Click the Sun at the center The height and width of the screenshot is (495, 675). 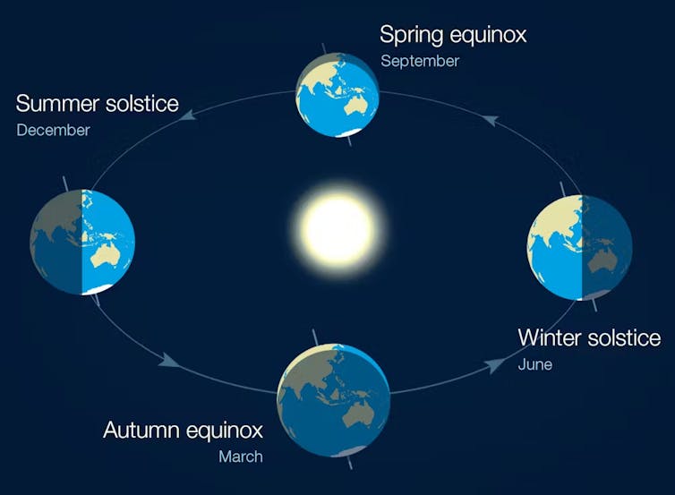coord(337,227)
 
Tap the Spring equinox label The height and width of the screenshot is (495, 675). coord(452,35)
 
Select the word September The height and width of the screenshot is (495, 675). coord(419,61)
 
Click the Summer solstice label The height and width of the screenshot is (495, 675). coord(97,103)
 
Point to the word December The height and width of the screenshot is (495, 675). coord(53,130)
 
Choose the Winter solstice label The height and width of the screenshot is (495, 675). coord(589,337)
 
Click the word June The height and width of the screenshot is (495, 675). coord(534,364)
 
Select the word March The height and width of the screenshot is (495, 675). coord(241,457)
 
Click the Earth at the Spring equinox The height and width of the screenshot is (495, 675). coord(338,93)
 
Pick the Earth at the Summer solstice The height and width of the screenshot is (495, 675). coord(82,242)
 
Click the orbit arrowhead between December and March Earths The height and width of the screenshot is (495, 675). coord(166,361)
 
